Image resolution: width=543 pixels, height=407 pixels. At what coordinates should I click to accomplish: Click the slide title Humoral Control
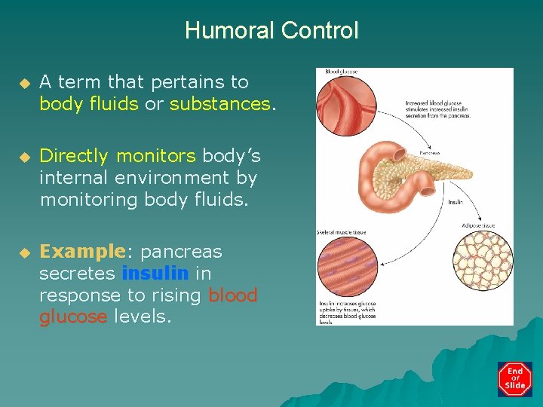pos(271,31)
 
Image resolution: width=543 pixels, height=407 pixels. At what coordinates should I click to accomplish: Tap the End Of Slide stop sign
pos(515,379)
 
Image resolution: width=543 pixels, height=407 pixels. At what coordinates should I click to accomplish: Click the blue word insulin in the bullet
pos(155,273)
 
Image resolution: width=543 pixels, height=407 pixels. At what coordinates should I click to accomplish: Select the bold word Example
pos(81,251)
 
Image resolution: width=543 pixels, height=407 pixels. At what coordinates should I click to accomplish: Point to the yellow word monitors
pos(155,156)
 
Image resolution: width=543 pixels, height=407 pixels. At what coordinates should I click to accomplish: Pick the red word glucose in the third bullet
pos(74,317)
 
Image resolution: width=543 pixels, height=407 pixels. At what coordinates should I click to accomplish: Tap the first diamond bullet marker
pos(23,81)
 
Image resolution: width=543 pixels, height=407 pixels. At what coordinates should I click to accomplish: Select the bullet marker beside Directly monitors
pos(23,157)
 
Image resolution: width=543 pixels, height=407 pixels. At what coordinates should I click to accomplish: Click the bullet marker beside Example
pos(23,252)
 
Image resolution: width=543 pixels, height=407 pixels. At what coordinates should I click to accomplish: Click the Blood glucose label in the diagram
pos(341,72)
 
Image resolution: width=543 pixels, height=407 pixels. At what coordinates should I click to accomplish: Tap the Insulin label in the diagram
pos(456,202)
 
